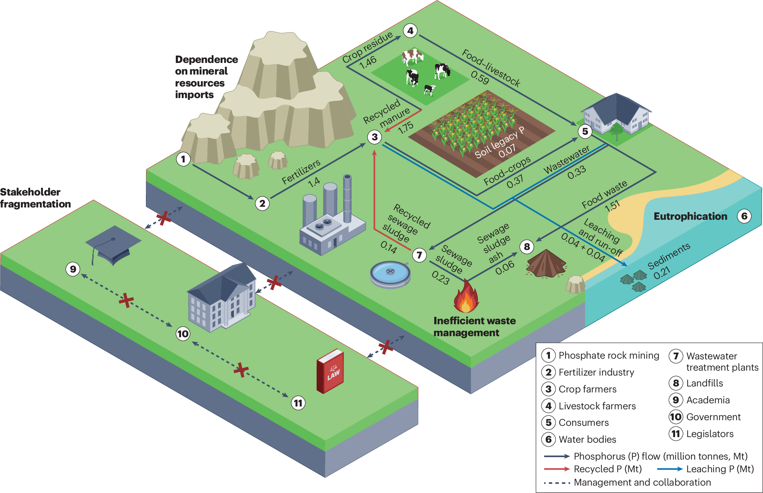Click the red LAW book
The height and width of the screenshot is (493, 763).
[330, 371]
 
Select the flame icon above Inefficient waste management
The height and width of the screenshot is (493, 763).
[466, 297]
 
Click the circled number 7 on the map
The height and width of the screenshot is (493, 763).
[419, 255]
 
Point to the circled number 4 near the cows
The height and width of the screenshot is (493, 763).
[410, 31]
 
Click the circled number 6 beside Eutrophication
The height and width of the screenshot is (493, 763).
[744, 216]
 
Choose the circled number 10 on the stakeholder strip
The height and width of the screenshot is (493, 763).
[183, 333]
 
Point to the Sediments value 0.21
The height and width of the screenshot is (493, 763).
[662, 273]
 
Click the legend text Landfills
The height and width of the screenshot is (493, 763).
[704, 383]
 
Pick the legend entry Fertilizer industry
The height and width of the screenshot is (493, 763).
[596, 372]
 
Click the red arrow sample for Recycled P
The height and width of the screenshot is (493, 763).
[556, 469]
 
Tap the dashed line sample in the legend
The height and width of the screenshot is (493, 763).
[556, 483]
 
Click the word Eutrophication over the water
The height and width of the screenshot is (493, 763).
[690, 216]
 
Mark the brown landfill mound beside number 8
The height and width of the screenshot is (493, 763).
[546, 264]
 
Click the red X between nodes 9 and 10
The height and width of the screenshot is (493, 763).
[126, 301]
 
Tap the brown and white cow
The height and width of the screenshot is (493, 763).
[412, 56]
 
